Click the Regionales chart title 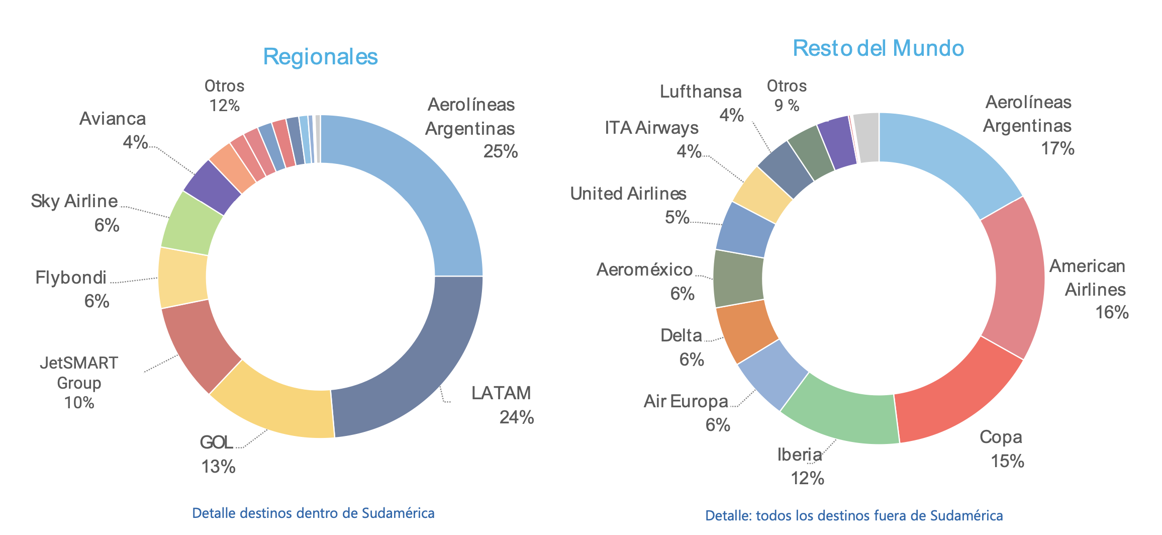[x=320, y=56]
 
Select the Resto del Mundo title [x=878, y=48]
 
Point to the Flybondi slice [x=182, y=278]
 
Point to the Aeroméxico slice [x=738, y=278]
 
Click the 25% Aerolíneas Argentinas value [x=500, y=151]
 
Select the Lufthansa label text [x=701, y=92]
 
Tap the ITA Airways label [x=651, y=128]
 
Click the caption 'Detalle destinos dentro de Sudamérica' [x=313, y=513]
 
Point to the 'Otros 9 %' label [x=787, y=96]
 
